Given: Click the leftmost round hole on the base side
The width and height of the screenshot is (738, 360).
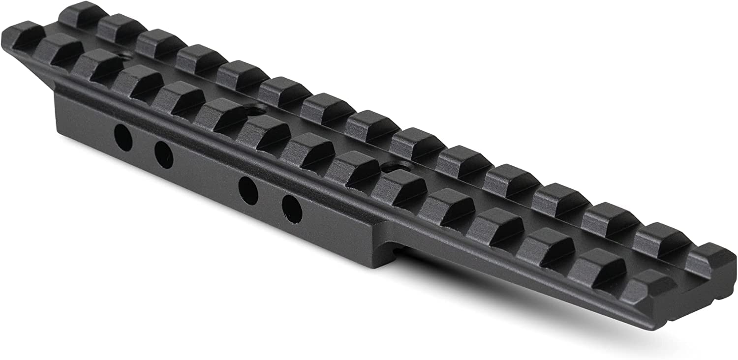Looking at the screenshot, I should pos(123,138).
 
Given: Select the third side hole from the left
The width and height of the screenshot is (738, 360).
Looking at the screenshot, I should pos(248,189).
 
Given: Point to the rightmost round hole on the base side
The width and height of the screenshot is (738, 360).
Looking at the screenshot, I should pos(291,207).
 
